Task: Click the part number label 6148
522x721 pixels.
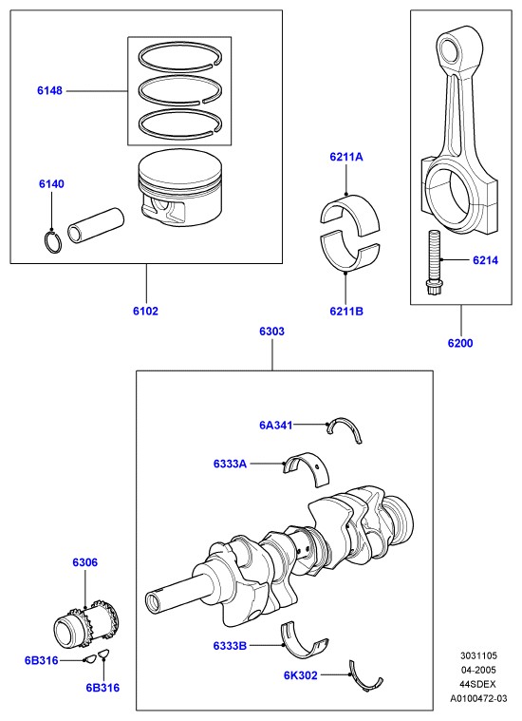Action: (x=49, y=90)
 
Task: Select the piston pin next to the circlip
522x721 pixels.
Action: (x=96, y=225)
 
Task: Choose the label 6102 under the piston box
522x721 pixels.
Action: (x=145, y=312)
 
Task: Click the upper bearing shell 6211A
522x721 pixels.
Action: (x=349, y=213)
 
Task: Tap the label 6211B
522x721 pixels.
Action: (x=346, y=312)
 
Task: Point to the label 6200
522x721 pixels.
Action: (x=460, y=343)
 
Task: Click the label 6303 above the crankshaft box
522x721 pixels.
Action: (x=272, y=332)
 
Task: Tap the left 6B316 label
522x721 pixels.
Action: (x=42, y=660)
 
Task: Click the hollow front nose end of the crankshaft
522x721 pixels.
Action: (x=153, y=601)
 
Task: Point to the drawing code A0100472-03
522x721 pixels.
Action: (x=478, y=698)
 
